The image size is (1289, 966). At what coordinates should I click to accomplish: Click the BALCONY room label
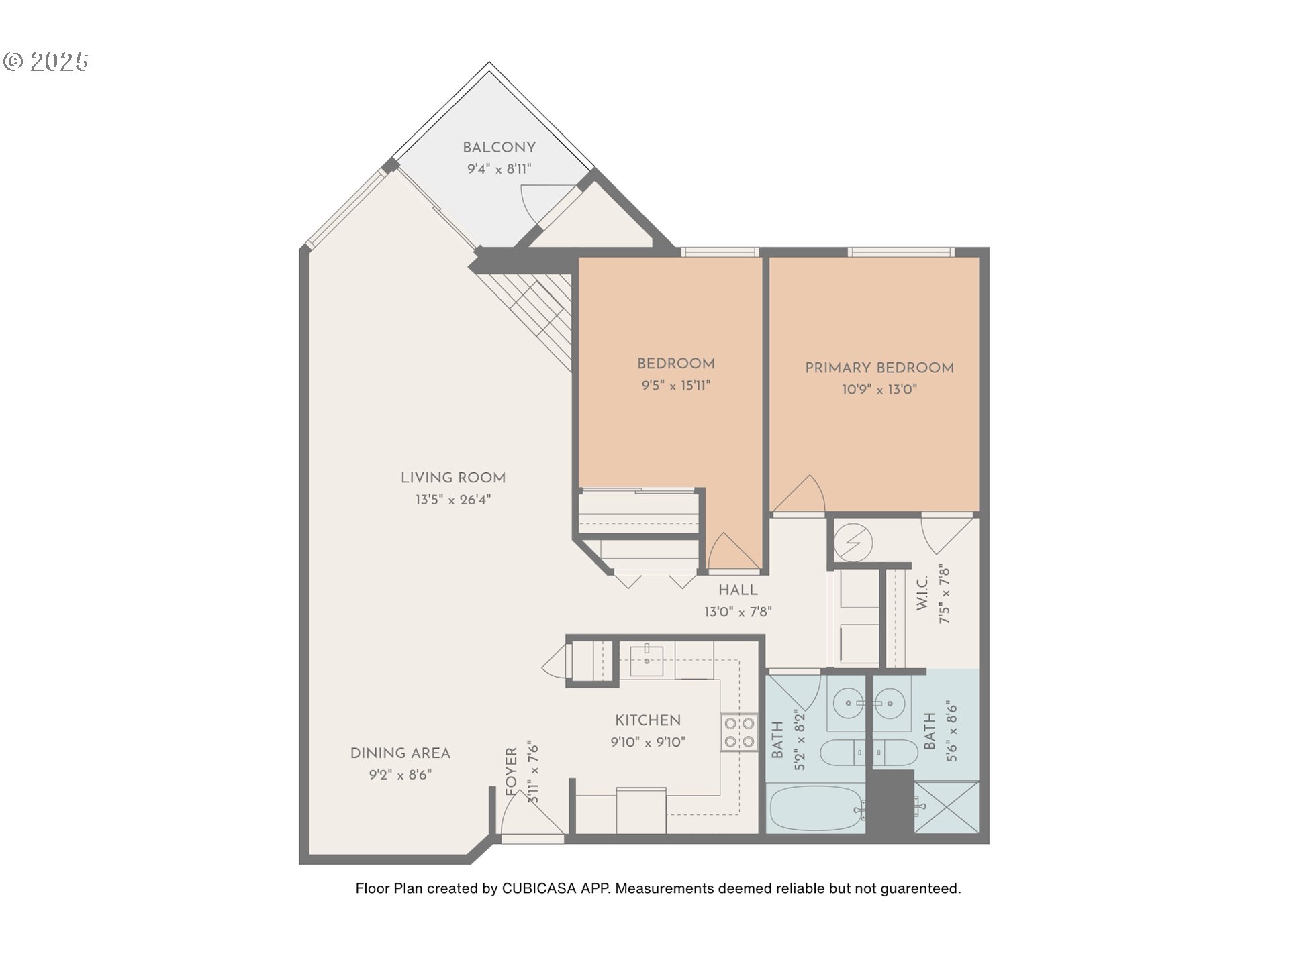pyautogui.click(x=499, y=148)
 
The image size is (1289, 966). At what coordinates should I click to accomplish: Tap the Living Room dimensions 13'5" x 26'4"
pyautogui.click(x=453, y=500)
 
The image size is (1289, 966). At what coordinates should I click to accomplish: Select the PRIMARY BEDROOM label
pyautogui.click(x=879, y=368)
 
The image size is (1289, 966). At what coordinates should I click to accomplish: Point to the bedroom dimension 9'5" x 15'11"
pyautogui.click(x=675, y=386)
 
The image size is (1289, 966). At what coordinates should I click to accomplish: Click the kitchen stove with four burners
pyautogui.click(x=738, y=733)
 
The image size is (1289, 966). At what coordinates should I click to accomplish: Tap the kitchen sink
pyautogui.click(x=647, y=661)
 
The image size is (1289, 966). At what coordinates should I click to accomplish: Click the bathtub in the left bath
pyautogui.click(x=816, y=809)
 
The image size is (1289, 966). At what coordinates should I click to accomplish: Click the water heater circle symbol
pyautogui.click(x=853, y=541)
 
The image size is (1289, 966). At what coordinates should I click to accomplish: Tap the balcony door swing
pyautogui.click(x=537, y=201)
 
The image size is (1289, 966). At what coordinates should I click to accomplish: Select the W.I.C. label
pyautogui.click(x=922, y=593)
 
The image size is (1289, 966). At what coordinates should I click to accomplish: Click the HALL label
pyautogui.click(x=738, y=590)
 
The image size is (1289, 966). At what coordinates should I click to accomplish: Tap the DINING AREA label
pyautogui.click(x=400, y=753)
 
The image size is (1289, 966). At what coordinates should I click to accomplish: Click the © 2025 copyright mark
pyautogui.click(x=46, y=62)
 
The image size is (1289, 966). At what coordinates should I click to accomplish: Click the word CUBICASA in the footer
pyautogui.click(x=539, y=888)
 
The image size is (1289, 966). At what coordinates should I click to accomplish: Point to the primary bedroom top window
pyautogui.click(x=900, y=252)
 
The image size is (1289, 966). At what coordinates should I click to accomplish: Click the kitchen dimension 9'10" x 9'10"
pyautogui.click(x=648, y=742)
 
